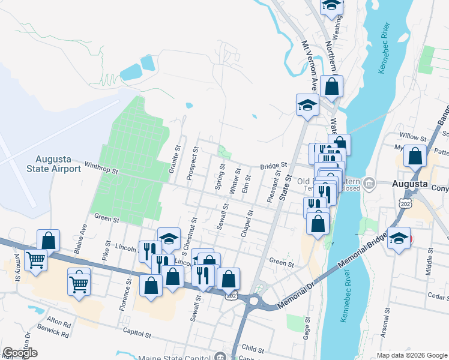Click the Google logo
pyautogui.click(x=20, y=353)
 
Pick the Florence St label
pyautogui.click(x=128, y=290)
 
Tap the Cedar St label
pyautogui.click(x=435, y=295)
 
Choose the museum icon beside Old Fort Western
pyautogui.click(x=370, y=182)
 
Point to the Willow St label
pyautogui.click(x=412, y=138)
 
